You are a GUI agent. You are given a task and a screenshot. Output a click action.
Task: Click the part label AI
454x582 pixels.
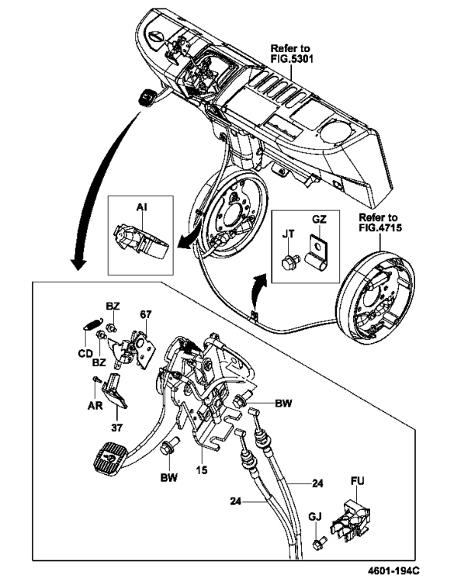[x=141, y=207]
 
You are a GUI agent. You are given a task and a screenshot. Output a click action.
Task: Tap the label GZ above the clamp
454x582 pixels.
[x=319, y=220]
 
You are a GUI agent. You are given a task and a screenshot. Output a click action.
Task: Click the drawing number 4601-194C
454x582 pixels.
[x=394, y=570]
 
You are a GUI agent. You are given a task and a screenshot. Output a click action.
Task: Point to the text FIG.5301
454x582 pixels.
[x=291, y=59]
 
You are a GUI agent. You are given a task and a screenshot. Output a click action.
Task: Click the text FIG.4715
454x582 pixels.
[x=379, y=228]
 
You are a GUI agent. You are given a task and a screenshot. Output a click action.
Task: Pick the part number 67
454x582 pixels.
[x=146, y=315]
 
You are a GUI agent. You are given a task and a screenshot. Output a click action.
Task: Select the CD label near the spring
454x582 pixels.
[x=85, y=354]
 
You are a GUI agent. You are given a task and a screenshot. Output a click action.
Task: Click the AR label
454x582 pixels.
[x=95, y=406]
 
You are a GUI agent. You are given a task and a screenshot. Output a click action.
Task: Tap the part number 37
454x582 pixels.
[x=116, y=428]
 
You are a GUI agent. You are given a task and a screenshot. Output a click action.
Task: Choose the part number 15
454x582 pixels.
[x=202, y=470]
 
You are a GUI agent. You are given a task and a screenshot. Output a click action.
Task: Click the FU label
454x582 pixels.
[x=358, y=481]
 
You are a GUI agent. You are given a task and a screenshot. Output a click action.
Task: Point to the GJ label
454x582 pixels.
[x=315, y=516]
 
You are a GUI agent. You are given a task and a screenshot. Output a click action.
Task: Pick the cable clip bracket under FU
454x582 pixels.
[x=351, y=519]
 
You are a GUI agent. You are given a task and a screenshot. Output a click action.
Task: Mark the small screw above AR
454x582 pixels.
[x=96, y=379]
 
